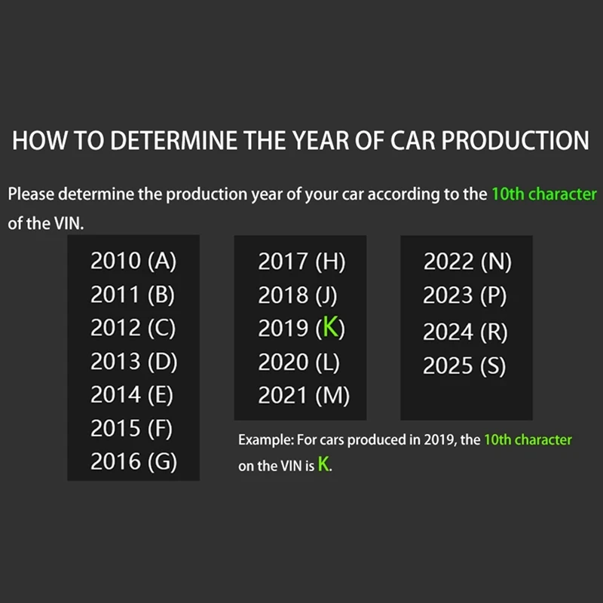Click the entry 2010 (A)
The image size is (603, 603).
coord(133,261)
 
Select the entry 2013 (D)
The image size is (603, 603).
coord(134,362)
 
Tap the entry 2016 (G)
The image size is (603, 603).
coord(134,462)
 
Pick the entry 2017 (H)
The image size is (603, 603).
coord(302,262)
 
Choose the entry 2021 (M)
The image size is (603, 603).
coord(304,396)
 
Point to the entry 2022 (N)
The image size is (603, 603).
coord(467,262)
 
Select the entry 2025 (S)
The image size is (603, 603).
coord(464,366)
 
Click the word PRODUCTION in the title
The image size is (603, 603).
coord(516,140)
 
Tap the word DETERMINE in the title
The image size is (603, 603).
coord(174,140)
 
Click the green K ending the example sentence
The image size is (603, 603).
coord(323,464)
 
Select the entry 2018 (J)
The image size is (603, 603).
coord(297,295)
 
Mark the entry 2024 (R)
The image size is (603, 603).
coord(465,332)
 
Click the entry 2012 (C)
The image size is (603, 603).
coord(133,329)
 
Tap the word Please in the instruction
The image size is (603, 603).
coord(31,194)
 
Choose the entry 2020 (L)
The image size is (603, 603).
coord(298,363)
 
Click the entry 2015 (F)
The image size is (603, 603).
coord(131,429)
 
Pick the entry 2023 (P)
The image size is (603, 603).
coord(464,295)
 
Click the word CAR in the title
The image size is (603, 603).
coord(412,140)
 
